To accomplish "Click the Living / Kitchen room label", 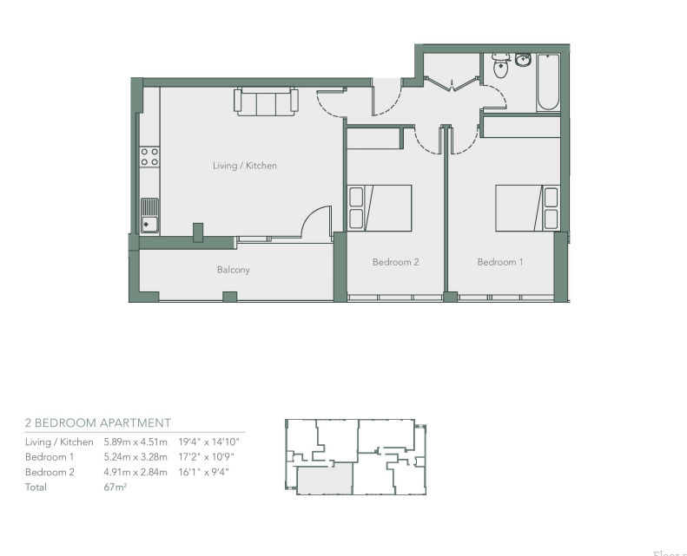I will (x=245, y=166).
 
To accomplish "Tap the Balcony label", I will (x=233, y=270).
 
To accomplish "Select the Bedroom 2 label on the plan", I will (x=396, y=262).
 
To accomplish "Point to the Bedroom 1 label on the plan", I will (x=500, y=262).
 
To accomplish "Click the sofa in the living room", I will (x=266, y=102).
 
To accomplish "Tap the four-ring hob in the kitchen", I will (x=149, y=156).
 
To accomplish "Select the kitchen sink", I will (x=149, y=215).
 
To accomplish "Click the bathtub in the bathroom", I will (x=547, y=82).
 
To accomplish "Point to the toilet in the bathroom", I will (x=500, y=67).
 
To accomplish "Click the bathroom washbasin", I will (x=523, y=60).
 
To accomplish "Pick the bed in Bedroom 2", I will (x=380, y=208).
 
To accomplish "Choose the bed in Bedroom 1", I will (x=527, y=208).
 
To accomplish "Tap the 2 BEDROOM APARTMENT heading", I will (x=98, y=423).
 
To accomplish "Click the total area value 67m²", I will (x=116, y=487).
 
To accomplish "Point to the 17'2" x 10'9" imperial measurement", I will (x=207, y=457).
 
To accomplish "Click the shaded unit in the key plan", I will (x=325, y=478).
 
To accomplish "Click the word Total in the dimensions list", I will (x=36, y=487).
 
